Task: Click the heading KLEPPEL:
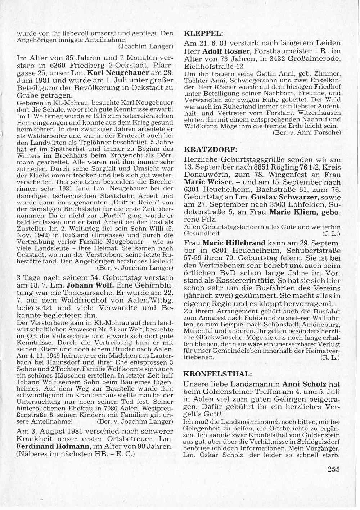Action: [x=204, y=34]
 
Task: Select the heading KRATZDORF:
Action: [x=210, y=149]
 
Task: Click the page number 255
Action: [x=334, y=469]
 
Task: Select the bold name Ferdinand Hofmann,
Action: [x=54, y=446]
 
